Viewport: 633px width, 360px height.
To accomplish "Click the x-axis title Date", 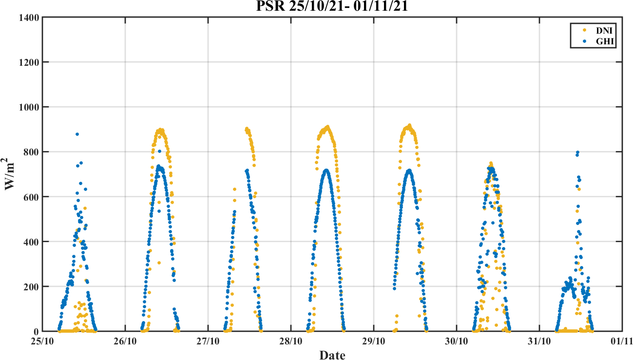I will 332,355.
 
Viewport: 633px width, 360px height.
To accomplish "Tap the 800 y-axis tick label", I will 32,152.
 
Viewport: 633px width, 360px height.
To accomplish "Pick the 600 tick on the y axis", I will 32,197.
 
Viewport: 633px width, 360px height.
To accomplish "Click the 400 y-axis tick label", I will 32,242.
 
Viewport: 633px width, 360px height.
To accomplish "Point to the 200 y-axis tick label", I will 32,286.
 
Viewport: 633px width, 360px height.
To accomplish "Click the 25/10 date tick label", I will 43,341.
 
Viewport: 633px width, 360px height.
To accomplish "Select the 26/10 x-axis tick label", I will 125,341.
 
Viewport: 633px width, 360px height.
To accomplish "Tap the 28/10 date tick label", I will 291,341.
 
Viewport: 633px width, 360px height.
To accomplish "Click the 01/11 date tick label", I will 622,341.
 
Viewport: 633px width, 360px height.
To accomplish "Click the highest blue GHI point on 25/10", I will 77,134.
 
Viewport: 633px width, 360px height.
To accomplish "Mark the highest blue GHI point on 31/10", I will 577,152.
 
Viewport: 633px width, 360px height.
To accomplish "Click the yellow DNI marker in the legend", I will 584,30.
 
